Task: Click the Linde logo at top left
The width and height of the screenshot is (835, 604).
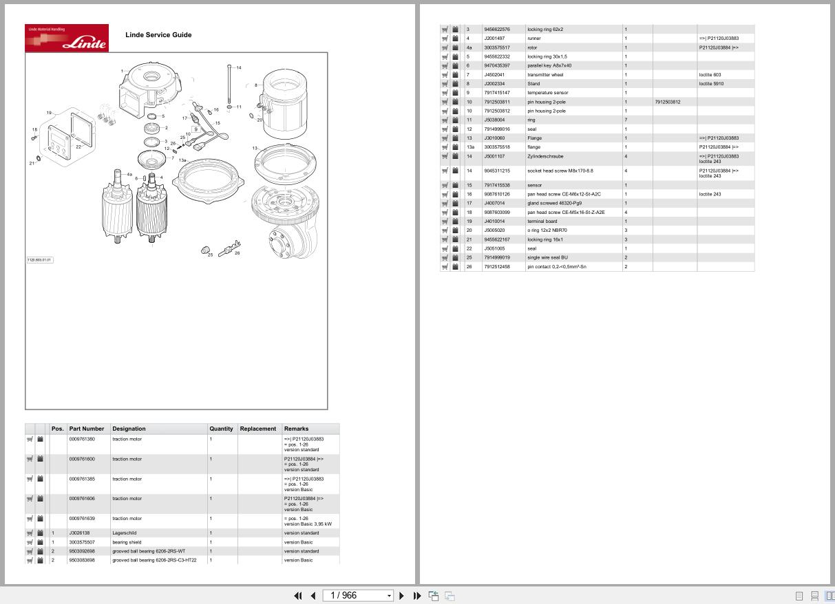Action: click(x=67, y=38)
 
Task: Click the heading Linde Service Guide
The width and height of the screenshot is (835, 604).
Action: click(x=158, y=35)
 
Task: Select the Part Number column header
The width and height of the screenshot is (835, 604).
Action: click(x=87, y=429)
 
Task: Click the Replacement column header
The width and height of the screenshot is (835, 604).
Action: click(x=257, y=429)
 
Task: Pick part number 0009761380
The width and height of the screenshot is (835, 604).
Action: click(x=82, y=439)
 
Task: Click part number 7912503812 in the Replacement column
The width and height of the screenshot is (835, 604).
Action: click(x=668, y=102)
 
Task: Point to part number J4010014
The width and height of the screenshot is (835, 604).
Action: click(x=494, y=222)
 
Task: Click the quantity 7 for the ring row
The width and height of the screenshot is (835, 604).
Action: click(x=626, y=120)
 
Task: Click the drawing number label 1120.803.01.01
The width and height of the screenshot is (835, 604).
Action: click(x=39, y=260)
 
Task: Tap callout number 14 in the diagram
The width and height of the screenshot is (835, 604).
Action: click(x=238, y=68)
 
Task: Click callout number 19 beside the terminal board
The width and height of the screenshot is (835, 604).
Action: click(x=49, y=113)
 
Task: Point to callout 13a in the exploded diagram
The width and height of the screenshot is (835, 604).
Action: click(x=182, y=160)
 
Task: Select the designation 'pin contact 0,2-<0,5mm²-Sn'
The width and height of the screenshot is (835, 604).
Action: click(x=556, y=267)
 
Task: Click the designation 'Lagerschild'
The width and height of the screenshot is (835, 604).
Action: click(x=124, y=533)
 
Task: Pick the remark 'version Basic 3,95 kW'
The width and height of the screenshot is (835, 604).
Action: click(x=307, y=524)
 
